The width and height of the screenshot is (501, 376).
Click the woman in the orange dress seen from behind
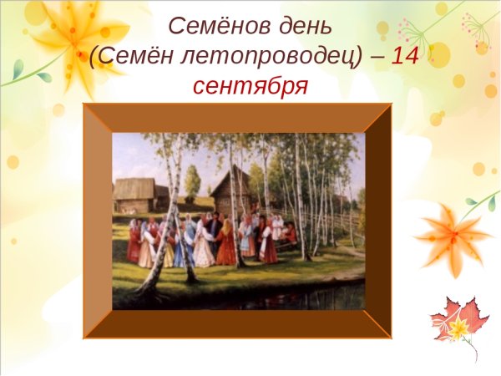click(226, 246)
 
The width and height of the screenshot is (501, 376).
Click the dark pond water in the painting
click(276, 297)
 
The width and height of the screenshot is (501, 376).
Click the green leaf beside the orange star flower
click(482, 202)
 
